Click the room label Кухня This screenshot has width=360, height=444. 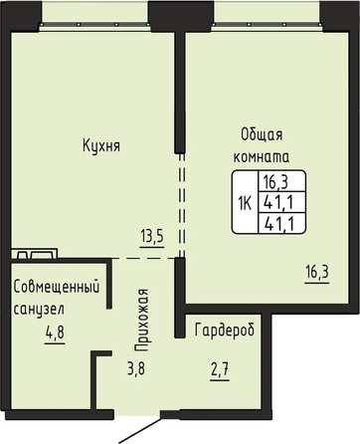coord(101,146)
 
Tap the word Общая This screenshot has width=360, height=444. coord(262,135)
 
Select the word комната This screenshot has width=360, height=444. coord(262,156)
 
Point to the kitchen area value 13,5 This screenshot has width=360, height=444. coord(152,237)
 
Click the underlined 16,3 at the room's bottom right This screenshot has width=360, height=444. coord(317,273)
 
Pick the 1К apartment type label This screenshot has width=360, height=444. coord(246,203)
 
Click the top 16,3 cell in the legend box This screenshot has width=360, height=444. coord(275,182)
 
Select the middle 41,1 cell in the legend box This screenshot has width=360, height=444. coord(278,202)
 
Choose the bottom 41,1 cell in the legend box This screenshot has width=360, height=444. coord(278,224)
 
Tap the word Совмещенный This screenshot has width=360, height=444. coord(57,287)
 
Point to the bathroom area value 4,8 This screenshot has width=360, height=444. coord(55,333)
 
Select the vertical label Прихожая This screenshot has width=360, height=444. coord(141,320)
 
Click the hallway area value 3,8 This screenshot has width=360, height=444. coord(136,368)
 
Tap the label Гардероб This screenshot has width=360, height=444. coord(225,331)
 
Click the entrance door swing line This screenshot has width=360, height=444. coord(140,430)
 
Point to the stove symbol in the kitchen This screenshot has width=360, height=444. coord(34,253)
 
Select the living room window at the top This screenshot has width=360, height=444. coord(267,24)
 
